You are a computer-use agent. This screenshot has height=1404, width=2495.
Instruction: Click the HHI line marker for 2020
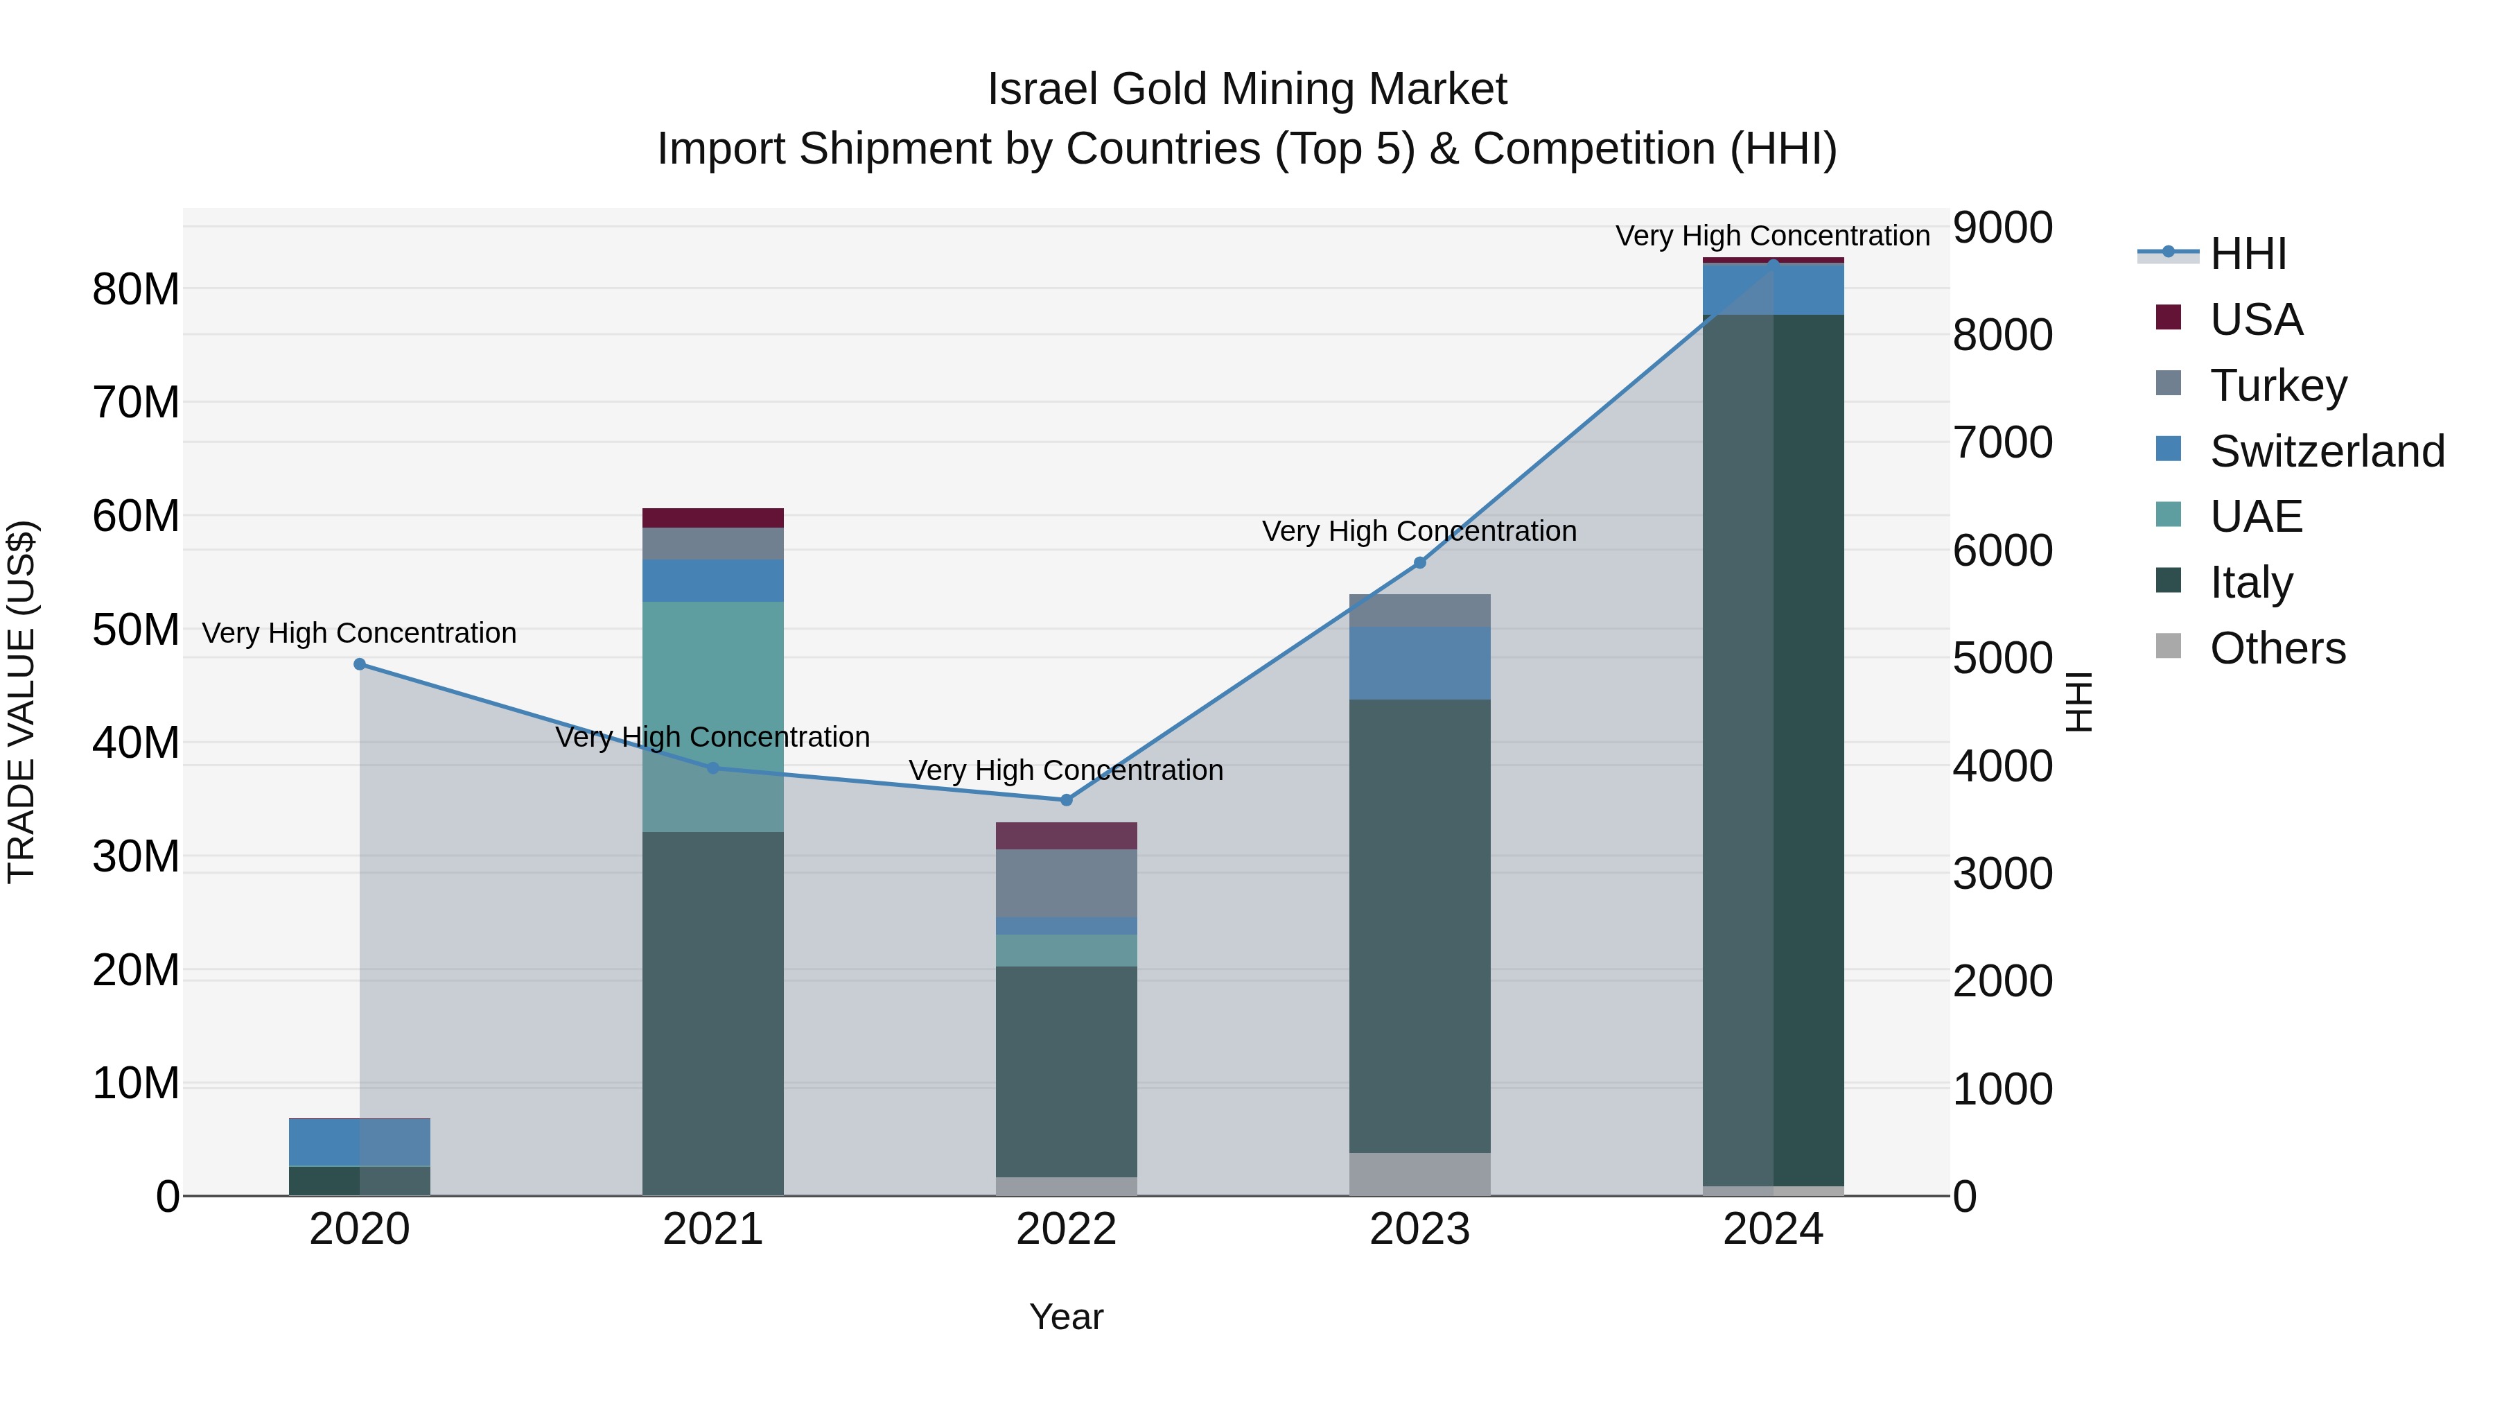359,664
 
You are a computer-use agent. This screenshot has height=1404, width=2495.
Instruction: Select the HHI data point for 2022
1067,800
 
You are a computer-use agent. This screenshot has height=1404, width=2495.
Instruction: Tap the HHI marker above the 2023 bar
1420,563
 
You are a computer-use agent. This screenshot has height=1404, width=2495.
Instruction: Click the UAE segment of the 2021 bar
713,716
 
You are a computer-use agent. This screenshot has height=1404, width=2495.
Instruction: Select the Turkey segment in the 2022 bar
1067,883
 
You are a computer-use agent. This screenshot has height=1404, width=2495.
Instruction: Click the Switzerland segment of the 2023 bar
1420,663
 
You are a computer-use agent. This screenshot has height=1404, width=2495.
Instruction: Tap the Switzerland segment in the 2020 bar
359,1143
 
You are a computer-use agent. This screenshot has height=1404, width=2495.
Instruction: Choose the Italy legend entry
2251,582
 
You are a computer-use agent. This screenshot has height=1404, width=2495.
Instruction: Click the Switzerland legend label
2327,451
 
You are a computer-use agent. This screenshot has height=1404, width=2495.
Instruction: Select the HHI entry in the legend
2247,254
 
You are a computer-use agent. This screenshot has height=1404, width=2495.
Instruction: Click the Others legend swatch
2169,646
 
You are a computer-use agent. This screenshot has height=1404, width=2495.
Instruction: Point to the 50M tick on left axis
136,630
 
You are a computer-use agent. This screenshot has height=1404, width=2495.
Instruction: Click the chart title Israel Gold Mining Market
1247,89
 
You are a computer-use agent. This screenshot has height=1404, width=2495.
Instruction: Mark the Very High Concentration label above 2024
1771,236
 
